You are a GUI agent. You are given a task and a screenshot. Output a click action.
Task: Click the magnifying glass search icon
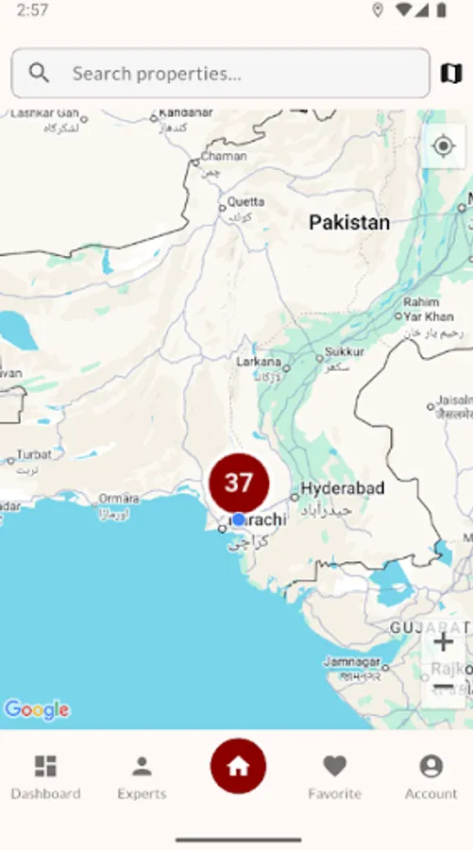point(39,73)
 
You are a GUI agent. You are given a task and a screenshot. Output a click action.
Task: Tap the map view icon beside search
point(450,73)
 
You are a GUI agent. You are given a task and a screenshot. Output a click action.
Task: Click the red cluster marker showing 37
point(239,483)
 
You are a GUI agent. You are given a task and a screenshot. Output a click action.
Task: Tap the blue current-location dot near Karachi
point(239,519)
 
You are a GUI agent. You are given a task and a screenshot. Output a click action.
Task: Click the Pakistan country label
point(349,223)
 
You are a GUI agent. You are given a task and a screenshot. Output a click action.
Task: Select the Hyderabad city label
point(343,488)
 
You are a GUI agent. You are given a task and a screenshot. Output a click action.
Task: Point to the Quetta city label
point(245,201)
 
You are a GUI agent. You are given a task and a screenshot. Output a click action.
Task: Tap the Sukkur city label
point(344,352)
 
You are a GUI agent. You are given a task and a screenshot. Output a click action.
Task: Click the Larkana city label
point(259,361)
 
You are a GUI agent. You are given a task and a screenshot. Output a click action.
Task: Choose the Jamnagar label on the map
point(351,662)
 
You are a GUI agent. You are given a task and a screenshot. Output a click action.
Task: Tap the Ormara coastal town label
point(119,498)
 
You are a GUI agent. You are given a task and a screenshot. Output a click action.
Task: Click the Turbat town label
point(34,454)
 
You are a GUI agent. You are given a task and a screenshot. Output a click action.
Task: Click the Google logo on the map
point(37,709)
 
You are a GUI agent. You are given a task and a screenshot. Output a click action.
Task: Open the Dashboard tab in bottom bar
point(45,776)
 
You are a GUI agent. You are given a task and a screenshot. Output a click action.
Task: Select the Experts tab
point(142,776)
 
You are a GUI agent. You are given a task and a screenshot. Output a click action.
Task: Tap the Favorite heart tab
point(334,776)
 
